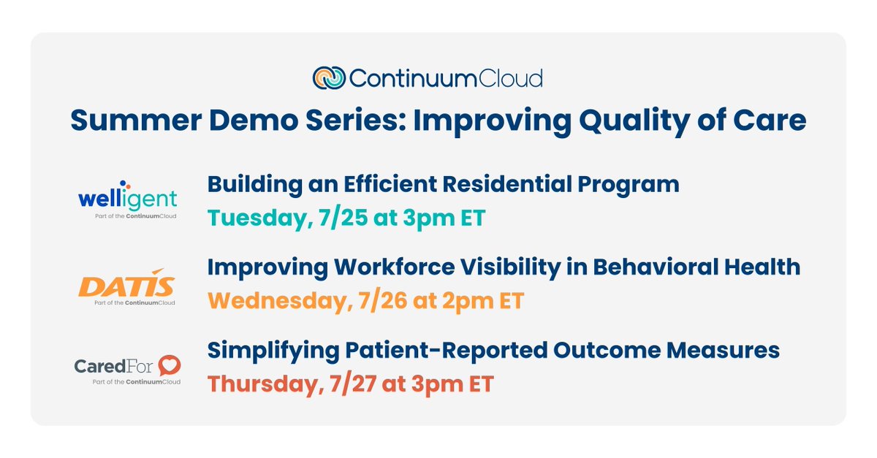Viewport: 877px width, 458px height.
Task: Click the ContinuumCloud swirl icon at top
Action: point(329,78)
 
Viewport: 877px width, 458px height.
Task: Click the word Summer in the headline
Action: point(136,121)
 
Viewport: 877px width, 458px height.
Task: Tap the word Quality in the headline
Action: point(634,122)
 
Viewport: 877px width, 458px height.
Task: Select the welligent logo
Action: point(128,199)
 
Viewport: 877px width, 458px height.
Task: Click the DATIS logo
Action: point(127,286)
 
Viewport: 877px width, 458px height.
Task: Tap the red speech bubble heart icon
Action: point(170,365)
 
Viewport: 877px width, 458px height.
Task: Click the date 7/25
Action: point(343,218)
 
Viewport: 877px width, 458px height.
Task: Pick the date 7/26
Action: point(382,301)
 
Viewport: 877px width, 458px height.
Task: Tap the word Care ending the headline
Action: point(770,121)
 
